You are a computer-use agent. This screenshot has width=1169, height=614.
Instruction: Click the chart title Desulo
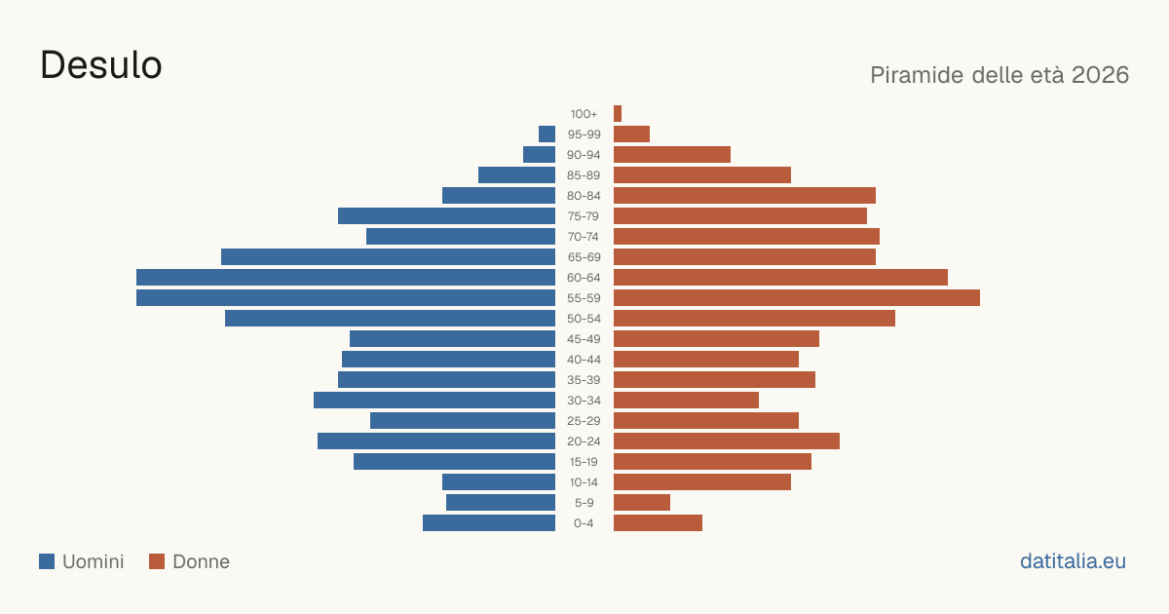[x=100, y=65]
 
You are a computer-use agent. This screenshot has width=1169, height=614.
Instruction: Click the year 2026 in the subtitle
[x=1100, y=75]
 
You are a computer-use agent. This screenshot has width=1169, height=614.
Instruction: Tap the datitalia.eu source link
[x=1073, y=561]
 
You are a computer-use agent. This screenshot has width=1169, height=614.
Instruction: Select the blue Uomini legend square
[x=47, y=561]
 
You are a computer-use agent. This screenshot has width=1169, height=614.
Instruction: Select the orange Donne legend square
[x=157, y=561]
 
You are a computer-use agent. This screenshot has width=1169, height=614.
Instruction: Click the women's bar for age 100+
[x=618, y=113]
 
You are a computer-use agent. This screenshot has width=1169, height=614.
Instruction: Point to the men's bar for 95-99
[x=547, y=134]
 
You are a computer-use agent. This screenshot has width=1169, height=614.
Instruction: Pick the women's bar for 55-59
[x=797, y=297]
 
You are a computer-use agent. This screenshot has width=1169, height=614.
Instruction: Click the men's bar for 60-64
[x=346, y=277]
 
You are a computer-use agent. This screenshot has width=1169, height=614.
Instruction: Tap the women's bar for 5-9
[x=642, y=502]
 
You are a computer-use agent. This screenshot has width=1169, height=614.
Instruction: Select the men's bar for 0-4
[x=489, y=522]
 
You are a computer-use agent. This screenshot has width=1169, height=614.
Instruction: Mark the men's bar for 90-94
[x=539, y=155]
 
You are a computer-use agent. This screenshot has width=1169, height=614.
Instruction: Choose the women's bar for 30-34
[x=686, y=400]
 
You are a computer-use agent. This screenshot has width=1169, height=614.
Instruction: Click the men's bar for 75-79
[x=447, y=215]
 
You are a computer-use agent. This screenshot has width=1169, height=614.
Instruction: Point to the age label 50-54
[x=584, y=319]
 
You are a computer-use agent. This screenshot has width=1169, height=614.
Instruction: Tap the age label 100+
[x=584, y=114]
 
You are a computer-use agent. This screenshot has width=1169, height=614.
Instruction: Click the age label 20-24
[x=584, y=441]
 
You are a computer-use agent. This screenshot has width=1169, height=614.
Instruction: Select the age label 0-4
[x=584, y=523]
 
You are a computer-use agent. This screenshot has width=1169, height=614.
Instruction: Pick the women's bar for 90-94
[x=672, y=155]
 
